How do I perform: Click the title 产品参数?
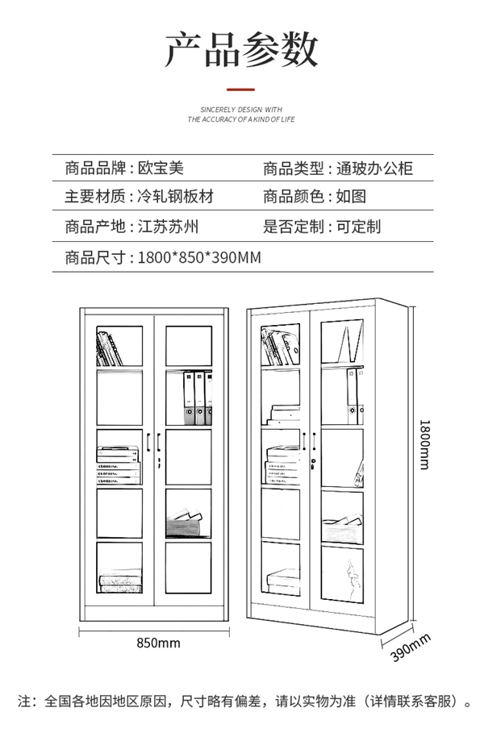(241, 49)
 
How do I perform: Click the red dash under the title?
(241, 90)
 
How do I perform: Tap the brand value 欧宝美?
(160, 169)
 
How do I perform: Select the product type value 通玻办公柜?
(374, 169)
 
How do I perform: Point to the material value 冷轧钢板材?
(175, 197)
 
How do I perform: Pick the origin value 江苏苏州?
(168, 227)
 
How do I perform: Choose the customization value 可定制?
(358, 227)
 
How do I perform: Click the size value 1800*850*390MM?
(199, 257)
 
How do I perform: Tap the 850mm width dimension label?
(158, 643)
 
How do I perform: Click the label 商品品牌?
(94, 169)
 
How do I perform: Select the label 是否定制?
(293, 227)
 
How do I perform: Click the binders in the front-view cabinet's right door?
(197, 398)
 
